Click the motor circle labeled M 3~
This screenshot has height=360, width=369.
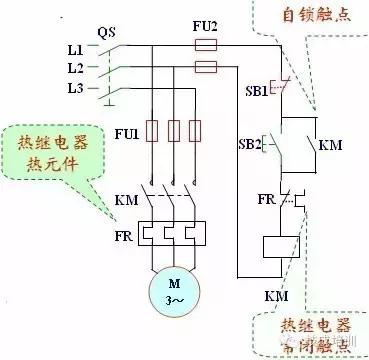coord(176,287)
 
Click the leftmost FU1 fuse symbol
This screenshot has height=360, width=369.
coord(154,131)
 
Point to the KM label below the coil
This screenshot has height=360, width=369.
coord(276,296)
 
